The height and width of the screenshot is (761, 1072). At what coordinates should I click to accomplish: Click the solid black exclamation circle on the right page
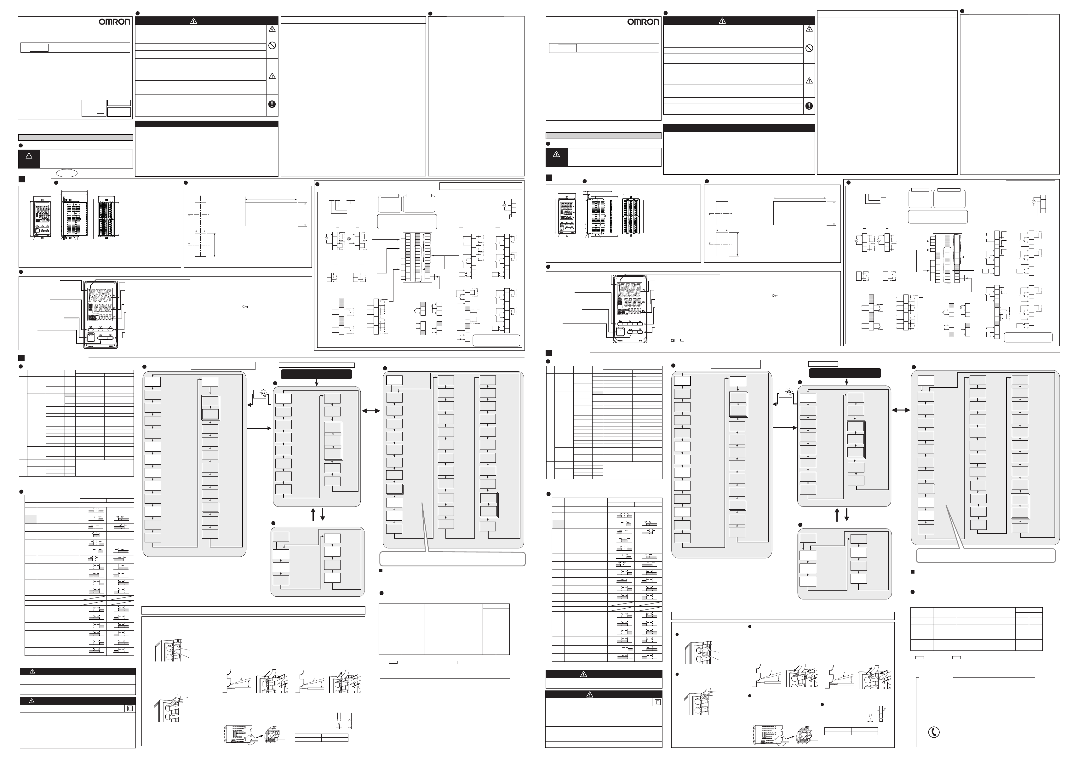pyautogui.click(x=809, y=106)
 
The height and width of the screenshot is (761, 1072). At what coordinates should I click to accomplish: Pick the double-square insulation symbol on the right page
pyautogui.click(x=658, y=702)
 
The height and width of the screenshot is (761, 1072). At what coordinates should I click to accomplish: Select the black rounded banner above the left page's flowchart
pyautogui.click(x=316, y=374)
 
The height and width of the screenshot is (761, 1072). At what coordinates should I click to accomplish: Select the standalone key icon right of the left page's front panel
pyautogui.click(x=244, y=306)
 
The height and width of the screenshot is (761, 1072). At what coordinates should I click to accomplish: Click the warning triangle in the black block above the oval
pyautogui.click(x=29, y=156)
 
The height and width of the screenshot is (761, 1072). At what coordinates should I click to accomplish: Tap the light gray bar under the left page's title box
pyautogui.click(x=75, y=138)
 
